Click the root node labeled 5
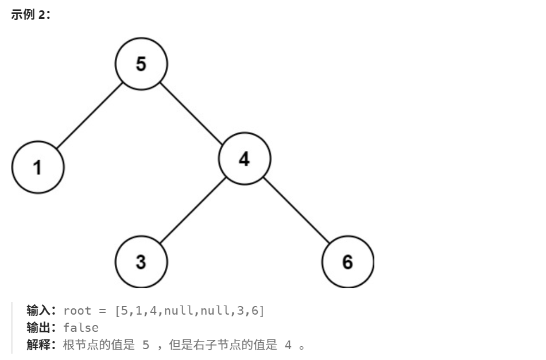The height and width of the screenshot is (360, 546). (x=141, y=64)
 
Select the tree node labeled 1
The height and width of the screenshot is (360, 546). (x=38, y=167)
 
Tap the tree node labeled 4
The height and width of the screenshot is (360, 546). (x=245, y=158)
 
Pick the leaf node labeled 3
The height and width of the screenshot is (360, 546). (x=141, y=262)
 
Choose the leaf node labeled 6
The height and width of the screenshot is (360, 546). (x=348, y=262)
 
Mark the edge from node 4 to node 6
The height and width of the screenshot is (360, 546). (x=296, y=210)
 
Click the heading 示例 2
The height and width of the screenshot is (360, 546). (x=30, y=16)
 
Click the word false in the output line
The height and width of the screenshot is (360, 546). (x=81, y=328)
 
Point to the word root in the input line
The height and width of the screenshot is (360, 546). (x=78, y=311)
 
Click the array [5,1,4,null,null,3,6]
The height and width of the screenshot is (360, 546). (x=189, y=311)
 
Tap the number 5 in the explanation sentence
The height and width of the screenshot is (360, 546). (x=145, y=345)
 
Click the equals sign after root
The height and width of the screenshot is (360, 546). (x=103, y=311)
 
